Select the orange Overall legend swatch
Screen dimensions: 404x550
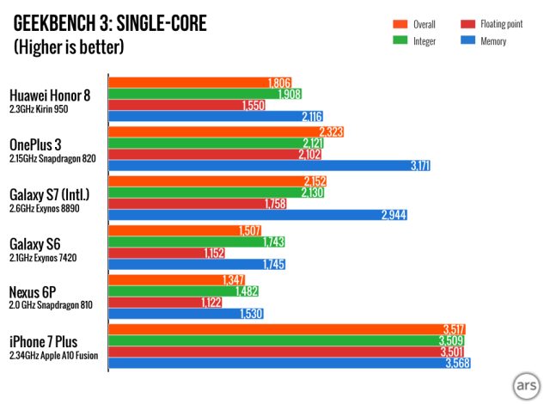point(398,24)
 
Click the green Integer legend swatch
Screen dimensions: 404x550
point(398,40)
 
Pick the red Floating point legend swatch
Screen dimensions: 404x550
point(467,24)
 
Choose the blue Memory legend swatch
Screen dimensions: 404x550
point(467,40)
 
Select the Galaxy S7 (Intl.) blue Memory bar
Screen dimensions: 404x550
point(257,214)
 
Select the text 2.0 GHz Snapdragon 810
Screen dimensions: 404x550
point(52,305)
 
